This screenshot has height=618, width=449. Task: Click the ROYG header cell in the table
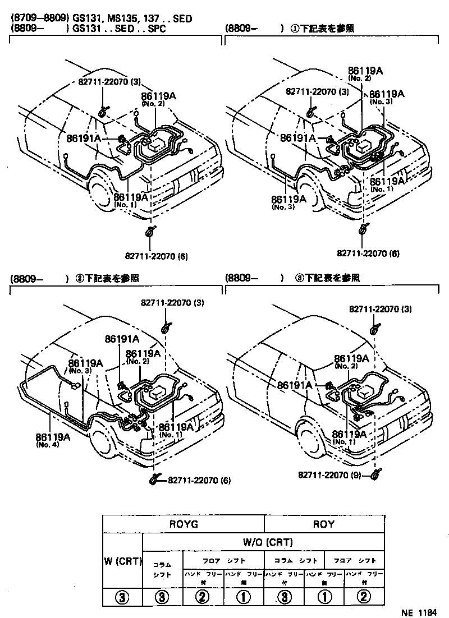(184, 524)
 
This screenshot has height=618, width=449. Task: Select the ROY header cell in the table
(324, 524)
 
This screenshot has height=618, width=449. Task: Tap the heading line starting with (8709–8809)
(101, 19)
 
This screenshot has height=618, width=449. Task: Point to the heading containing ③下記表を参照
(292, 278)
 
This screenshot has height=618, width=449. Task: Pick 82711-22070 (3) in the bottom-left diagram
(173, 303)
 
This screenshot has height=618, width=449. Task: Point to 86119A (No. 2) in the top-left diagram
(158, 99)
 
